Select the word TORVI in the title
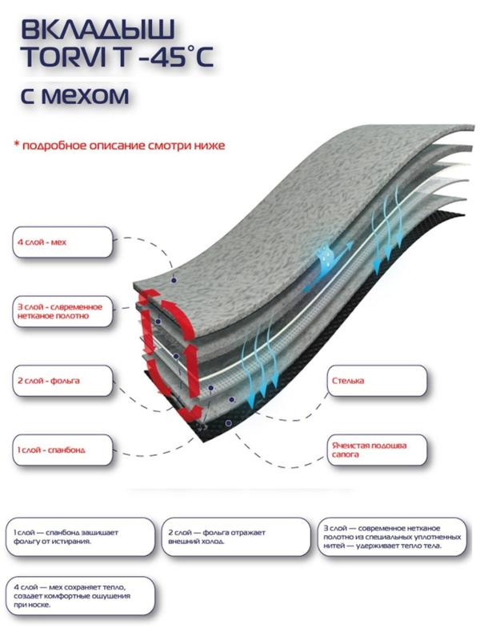pos(64,63)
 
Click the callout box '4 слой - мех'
pos(60,241)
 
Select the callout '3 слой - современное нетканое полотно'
pos(60,310)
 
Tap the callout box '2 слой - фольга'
pos(60,380)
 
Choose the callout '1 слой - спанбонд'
pos(60,450)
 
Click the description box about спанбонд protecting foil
pos(80,536)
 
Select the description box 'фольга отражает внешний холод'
pos(237,536)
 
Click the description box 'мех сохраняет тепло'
pos(80,594)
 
